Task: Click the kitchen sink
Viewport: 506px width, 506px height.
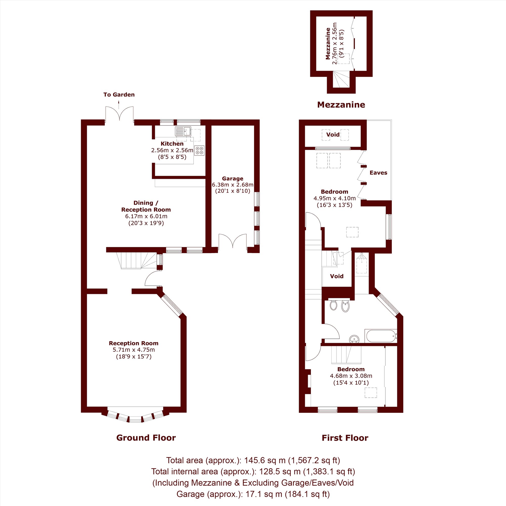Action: point(183,131)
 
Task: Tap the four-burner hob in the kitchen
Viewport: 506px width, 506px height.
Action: point(199,150)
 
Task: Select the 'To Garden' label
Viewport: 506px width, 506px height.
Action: point(119,95)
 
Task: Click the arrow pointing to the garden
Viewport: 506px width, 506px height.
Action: point(119,105)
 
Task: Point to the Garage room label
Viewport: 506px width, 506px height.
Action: point(233,179)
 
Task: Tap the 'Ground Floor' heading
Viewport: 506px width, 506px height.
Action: point(146,438)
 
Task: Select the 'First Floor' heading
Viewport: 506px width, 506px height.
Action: point(345,438)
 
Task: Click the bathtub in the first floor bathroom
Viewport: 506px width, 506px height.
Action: point(381,336)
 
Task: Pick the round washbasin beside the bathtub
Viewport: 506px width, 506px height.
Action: point(354,339)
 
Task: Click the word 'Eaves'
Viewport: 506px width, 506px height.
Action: point(378,173)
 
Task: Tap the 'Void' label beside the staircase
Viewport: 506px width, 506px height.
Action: point(336,276)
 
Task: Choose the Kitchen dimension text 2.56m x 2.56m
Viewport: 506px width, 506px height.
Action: point(172,150)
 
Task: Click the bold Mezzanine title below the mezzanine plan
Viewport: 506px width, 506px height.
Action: point(341,105)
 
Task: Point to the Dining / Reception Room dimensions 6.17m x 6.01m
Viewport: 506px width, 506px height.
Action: point(146,216)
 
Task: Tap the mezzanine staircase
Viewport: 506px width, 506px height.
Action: point(341,79)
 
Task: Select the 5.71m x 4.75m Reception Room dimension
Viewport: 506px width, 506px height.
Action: point(134,350)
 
